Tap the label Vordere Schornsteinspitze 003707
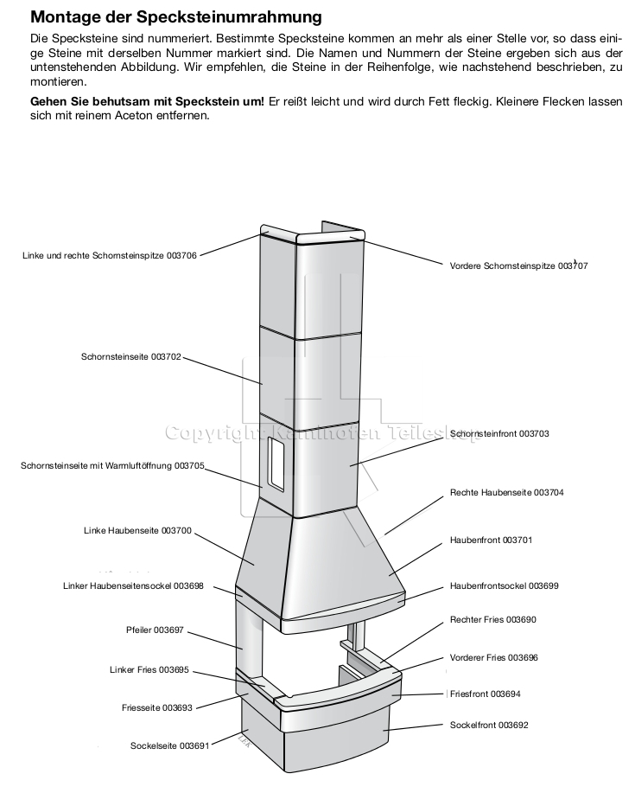click(x=518, y=265)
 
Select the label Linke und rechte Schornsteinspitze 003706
click(x=110, y=256)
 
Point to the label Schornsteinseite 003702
click(x=130, y=355)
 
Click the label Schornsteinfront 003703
click(x=499, y=433)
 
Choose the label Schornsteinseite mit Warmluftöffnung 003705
click(x=112, y=465)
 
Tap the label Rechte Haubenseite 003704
click(x=506, y=492)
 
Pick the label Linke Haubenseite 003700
click(x=137, y=529)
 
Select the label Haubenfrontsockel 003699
click(x=504, y=585)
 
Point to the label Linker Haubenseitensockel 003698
click(x=133, y=585)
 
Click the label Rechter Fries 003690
click(x=493, y=620)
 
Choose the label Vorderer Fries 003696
click(x=494, y=657)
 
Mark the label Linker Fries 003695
click(x=149, y=669)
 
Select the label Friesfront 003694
click(x=485, y=694)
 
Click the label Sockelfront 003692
click(x=488, y=724)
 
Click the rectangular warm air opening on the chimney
click(x=276, y=464)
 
